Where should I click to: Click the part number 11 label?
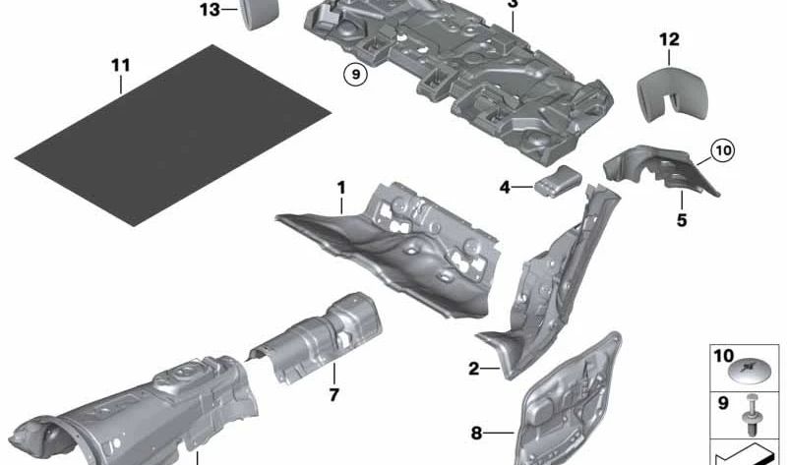(119, 66)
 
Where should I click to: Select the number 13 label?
(210, 10)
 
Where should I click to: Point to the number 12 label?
(669, 39)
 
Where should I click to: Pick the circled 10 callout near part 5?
(722, 150)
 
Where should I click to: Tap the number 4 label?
(505, 186)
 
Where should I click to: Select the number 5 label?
(708, 221)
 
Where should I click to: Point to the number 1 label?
(341, 186)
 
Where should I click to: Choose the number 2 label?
(474, 369)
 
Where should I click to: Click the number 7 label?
(333, 395)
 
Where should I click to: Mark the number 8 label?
(477, 432)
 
